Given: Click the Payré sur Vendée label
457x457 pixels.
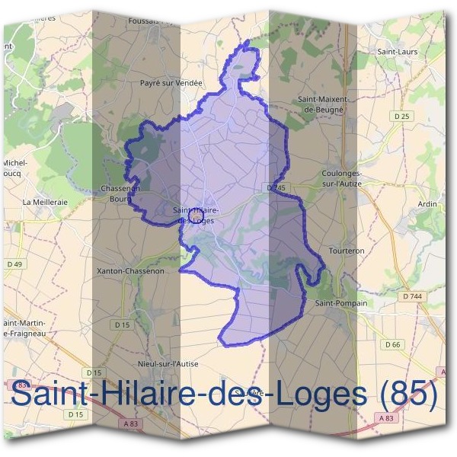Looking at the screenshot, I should [x=172, y=82].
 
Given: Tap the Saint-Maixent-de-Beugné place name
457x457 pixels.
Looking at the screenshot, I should [x=323, y=104].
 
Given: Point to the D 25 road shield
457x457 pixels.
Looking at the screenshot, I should [x=403, y=116].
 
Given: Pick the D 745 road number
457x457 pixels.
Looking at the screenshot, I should [x=276, y=187].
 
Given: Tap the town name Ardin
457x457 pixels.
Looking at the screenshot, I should [x=428, y=204].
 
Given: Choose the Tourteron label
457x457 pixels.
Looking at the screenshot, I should [x=345, y=250].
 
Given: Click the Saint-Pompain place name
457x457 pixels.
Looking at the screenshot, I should [x=340, y=303].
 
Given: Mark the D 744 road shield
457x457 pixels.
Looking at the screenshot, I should [x=413, y=296].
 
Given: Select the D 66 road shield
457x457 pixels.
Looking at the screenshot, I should [x=393, y=345].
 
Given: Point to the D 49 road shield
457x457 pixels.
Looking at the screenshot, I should [x=14, y=264].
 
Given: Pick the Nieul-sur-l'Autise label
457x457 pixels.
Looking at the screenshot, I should [x=168, y=364].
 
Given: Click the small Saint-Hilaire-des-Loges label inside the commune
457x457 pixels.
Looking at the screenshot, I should [x=196, y=215].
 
